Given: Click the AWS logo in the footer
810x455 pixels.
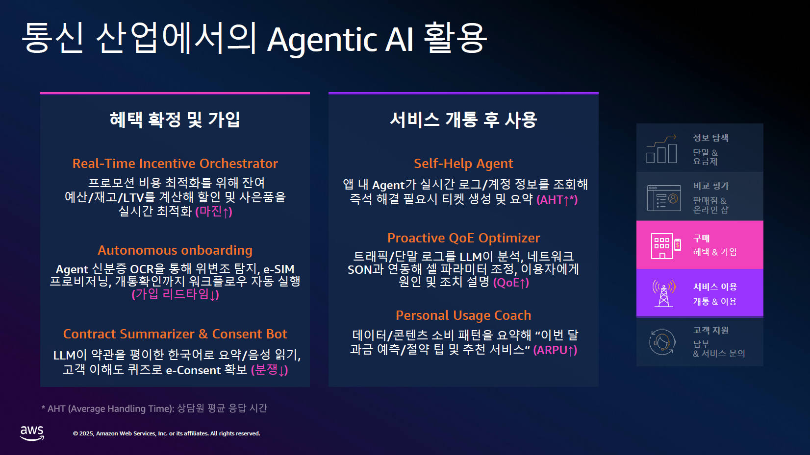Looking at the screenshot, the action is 32,433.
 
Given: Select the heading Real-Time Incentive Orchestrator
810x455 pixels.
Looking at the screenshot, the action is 175,164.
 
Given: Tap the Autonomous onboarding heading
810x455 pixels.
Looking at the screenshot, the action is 175,250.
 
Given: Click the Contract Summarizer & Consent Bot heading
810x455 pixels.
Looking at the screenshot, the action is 175,334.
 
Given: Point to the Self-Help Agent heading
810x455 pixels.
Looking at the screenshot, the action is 463,164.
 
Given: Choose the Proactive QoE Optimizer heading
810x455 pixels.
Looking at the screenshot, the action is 463,238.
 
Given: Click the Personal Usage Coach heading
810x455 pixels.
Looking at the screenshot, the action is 463,315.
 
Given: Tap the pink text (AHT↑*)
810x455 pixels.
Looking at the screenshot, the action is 557,200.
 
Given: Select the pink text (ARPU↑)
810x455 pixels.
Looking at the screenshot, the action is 555,350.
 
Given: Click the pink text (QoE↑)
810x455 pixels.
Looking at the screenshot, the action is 511,283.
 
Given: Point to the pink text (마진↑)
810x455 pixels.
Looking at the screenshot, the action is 214,212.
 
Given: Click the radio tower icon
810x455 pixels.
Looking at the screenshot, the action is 663,293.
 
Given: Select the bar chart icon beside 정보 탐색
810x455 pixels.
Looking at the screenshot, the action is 661,149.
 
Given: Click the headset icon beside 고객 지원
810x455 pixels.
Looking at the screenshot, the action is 662,342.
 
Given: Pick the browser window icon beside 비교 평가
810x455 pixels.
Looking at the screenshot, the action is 663,198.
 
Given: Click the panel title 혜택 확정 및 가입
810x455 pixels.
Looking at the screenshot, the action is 175,120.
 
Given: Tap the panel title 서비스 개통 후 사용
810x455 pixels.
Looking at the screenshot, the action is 463,120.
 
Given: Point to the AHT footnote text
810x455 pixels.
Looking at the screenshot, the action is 154,408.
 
